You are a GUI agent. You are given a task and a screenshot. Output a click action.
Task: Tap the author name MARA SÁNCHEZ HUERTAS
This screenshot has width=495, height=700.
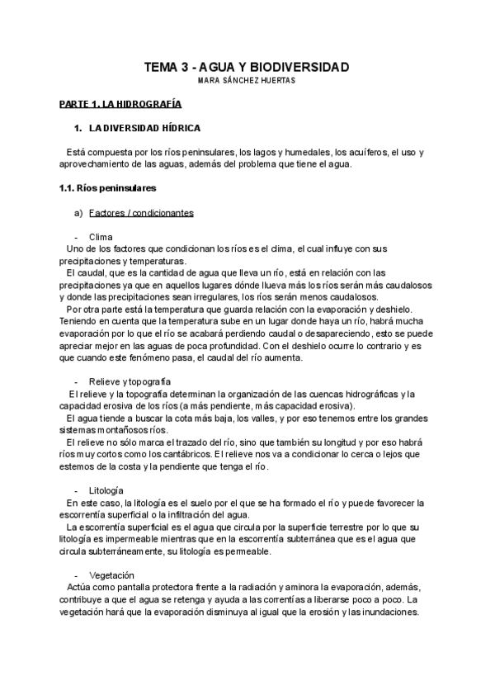[247, 80]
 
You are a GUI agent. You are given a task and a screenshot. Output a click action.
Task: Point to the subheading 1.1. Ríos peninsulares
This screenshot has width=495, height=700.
[108, 188]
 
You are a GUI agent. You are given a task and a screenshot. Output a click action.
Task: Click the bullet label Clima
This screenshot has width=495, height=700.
[100, 237]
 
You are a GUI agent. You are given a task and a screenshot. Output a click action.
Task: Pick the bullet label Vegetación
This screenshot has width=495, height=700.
[111, 575]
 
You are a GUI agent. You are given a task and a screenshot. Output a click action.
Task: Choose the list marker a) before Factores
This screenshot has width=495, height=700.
[79, 212]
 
